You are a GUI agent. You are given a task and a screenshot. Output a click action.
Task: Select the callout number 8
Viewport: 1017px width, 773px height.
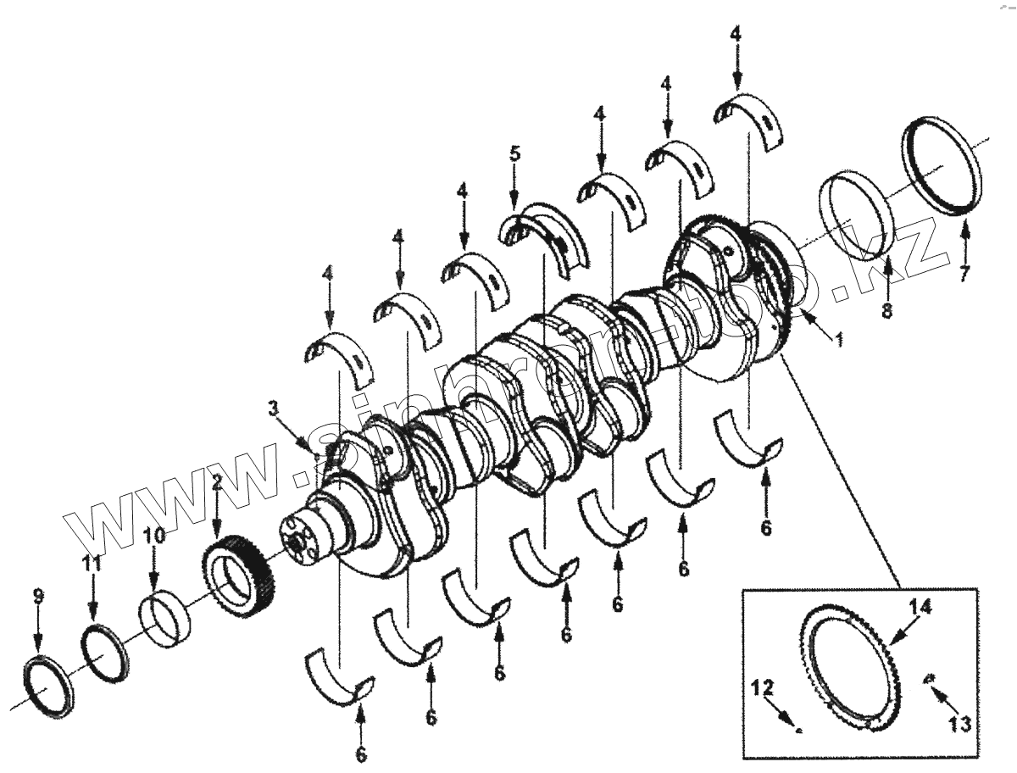886,310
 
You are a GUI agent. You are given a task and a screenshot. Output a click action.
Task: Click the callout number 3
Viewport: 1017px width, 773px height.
273,409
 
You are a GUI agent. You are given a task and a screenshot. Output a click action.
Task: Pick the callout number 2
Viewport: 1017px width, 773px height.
216,484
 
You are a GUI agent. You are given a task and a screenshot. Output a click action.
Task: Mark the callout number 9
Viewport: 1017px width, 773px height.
37,596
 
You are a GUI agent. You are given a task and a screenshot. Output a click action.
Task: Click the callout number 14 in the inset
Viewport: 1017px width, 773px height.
921,607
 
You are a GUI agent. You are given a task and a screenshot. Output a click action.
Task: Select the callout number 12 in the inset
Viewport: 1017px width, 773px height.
757,689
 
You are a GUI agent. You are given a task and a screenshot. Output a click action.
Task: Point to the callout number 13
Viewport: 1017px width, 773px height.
959,725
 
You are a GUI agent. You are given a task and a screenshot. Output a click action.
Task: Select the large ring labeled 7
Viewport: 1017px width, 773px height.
941,170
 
